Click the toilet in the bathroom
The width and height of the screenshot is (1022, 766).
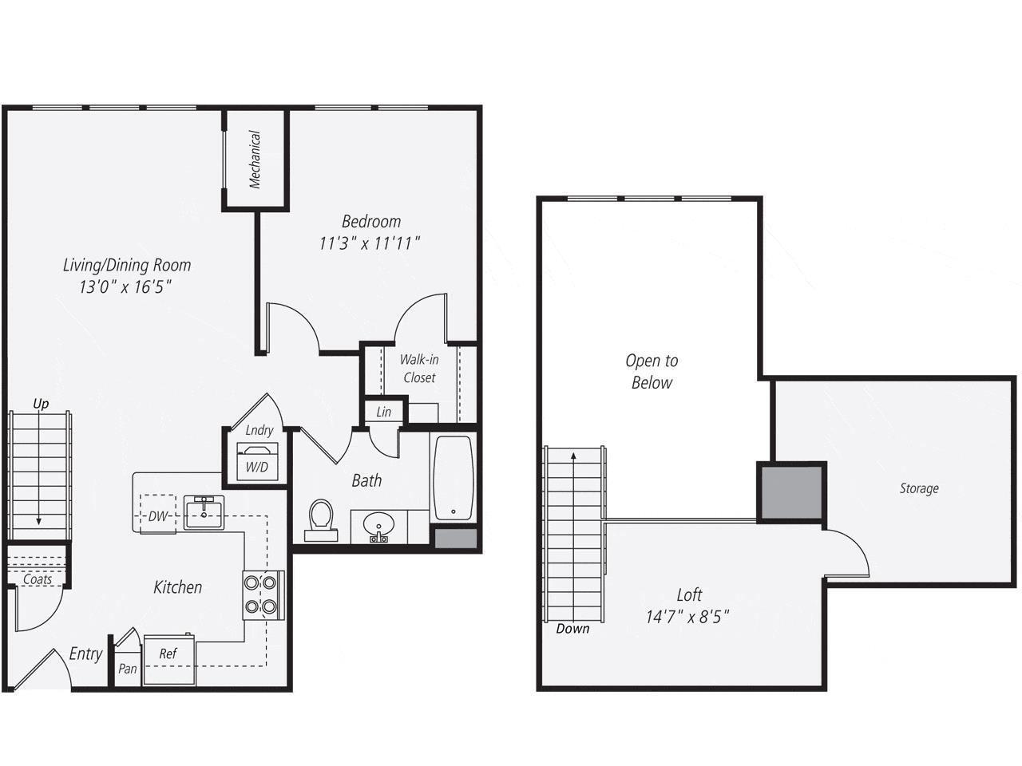321,519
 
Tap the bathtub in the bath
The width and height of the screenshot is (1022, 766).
453,477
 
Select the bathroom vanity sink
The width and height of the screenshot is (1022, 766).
378,526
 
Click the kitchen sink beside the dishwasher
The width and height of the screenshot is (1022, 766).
204,511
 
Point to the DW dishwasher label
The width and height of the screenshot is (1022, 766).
158,516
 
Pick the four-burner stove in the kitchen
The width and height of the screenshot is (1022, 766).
263,594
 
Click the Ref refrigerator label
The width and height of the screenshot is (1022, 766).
168,653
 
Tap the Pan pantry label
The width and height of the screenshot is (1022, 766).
127,669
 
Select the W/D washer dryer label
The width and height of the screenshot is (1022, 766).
256,467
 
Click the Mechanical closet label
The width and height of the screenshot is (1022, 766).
255,160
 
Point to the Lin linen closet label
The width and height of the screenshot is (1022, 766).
384,412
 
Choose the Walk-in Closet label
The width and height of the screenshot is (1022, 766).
419,369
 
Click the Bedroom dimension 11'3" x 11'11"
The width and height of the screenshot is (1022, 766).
370,243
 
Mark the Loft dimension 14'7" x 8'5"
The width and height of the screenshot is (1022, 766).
688,617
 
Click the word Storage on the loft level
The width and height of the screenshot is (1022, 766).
918,488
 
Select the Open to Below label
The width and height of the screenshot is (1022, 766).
652,372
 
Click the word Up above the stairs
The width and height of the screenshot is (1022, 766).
41,404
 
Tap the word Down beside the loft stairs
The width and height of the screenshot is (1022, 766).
572,629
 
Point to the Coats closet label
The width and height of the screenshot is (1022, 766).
38,579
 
